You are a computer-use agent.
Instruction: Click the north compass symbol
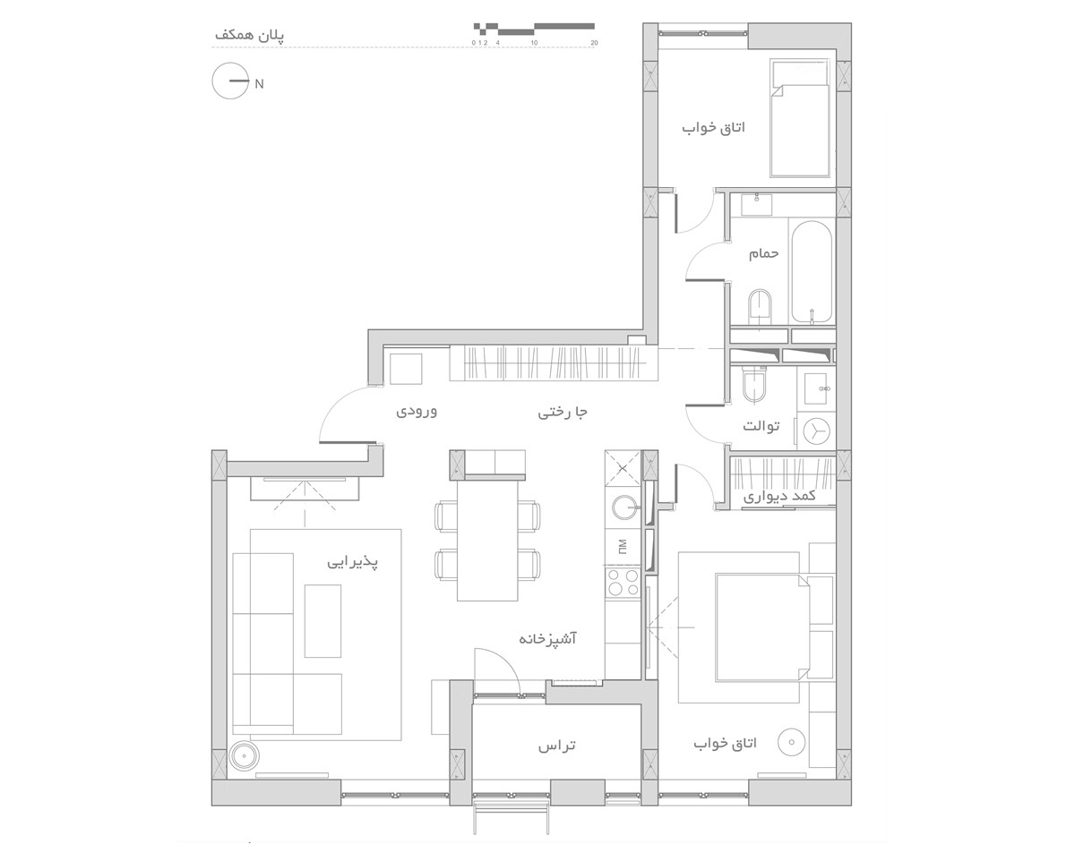click(x=230, y=81)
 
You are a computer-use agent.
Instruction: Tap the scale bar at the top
click(x=534, y=29)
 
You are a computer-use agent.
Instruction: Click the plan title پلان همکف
click(x=249, y=35)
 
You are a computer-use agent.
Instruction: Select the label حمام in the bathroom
click(x=763, y=254)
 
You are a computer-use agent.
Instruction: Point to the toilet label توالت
click(x=761, y=425)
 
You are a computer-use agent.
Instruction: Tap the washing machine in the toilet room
click(x=816, y=431)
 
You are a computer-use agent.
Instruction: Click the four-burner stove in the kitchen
click(x=623, y=583)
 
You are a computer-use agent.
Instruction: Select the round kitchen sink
click(x=623, y=507)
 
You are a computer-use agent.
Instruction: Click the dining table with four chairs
click(x=487, y=540)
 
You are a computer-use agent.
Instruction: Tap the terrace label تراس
click(x=556, y=746)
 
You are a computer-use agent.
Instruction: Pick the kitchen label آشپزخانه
click(x=547, y=638)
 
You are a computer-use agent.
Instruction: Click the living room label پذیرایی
click(x=352, y=562)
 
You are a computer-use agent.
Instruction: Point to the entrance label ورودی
click(x=416, y=411)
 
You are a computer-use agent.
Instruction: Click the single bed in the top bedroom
click(x=799, y=119)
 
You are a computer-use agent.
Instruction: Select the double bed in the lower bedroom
click(x=761, y=627)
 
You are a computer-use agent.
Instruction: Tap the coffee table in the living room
click(x=322, y=621)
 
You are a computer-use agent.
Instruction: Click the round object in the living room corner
click(x=244, y=756)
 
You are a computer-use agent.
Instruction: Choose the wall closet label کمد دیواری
click(x=779, y=496)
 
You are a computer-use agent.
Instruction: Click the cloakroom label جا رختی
click(x=563, y=412)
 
